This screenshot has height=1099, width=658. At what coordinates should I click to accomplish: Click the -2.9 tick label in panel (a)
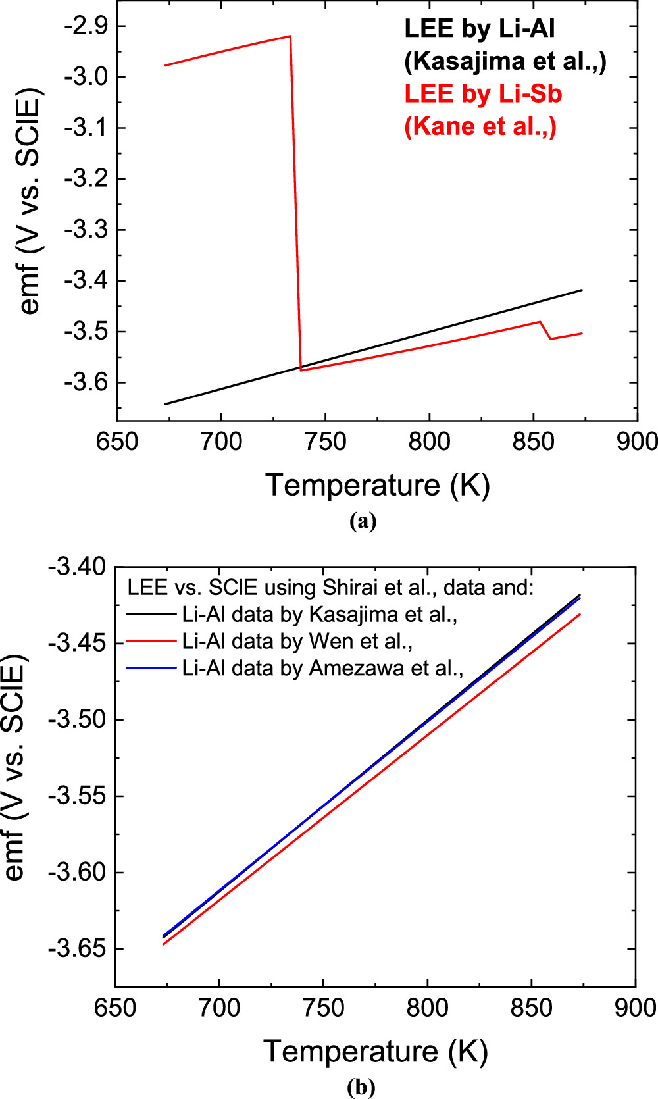(87, 26)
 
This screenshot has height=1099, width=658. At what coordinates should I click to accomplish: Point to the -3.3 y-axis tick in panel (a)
(87, 230)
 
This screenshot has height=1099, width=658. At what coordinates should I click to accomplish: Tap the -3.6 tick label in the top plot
(87, 383)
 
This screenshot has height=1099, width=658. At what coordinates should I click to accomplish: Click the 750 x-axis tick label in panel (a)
(325, 442)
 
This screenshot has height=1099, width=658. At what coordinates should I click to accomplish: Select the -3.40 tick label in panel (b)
(76, 567)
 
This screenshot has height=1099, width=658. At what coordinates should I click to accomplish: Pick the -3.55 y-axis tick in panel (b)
(76, 796)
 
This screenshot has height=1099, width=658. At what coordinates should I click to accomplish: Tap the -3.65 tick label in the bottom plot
(76, 949)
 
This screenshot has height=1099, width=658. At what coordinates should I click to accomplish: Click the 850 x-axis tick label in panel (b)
(532, 1008)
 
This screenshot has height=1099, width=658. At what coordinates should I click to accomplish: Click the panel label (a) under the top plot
(363, 521)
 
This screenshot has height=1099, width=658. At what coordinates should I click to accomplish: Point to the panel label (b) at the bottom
(361, 1087)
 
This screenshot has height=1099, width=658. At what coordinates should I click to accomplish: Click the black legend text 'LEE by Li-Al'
(480, 29)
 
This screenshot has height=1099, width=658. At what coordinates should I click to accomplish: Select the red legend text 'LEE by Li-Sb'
(483, 93)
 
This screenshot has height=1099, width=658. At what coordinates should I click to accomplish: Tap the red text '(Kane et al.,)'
(480, 126)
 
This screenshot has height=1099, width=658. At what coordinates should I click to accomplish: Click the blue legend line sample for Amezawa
(151, 668)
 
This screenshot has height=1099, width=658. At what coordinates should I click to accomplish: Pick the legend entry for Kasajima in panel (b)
(319, 614)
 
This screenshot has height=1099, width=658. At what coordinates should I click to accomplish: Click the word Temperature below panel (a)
(353, 485)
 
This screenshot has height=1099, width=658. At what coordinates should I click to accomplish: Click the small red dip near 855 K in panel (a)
(550, 338)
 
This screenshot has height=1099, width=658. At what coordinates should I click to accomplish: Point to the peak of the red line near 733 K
(290, 36)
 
